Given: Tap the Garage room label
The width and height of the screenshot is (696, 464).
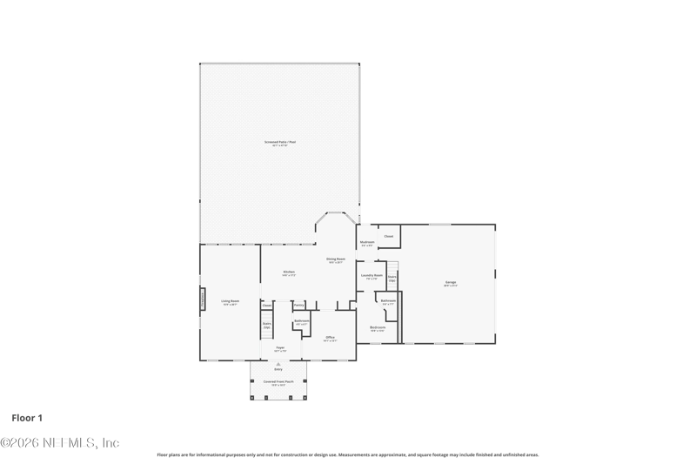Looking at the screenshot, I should point(451,283).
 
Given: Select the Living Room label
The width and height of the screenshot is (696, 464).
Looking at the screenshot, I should point(230,302).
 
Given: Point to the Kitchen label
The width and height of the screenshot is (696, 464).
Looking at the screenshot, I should point(289,272).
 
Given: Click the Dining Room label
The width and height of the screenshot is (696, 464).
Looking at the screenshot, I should point(336,259).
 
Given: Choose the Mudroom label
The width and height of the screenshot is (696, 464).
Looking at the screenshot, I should point(367,243).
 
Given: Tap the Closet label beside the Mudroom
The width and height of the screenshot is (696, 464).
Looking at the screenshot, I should point(389,236).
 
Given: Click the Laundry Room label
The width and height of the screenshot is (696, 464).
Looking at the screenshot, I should point(371,277).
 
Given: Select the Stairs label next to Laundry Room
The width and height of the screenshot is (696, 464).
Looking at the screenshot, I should point(392,279).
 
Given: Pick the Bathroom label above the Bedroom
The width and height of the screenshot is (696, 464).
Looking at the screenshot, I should point(388,301).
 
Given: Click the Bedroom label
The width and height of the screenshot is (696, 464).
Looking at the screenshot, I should point(378,328).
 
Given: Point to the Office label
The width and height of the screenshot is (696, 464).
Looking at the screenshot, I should point(331,337).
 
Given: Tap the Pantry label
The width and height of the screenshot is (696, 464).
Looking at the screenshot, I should point(298,306).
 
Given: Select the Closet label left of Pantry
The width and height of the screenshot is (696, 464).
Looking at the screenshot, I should point(267,306).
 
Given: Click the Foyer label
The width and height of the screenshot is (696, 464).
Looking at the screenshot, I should point(280,348).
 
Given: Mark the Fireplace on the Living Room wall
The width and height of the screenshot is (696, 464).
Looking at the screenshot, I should point(204,299).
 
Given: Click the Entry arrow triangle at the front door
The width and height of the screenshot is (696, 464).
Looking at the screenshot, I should point(278,364).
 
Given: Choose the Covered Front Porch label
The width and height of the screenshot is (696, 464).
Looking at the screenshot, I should point(278,382).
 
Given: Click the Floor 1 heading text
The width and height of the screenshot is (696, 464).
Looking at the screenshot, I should point(28,418).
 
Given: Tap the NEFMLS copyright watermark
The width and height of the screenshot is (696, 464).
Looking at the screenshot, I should point(59,442).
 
